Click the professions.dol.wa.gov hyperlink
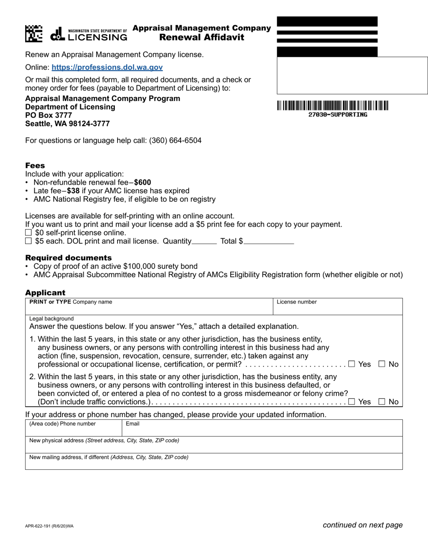pyautogui.click(x=107, y=68)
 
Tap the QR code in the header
pyautogui.click(x=34, y=34)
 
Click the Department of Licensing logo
pyautogui.click(x=89, y=34)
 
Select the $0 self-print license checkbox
pyautogui.click(x=28, y=233)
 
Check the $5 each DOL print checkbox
pyautogui.click(x=28, y=241)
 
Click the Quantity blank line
pyautogui.click(x=204, y=241)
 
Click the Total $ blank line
pyautogui.click(x=269, y=241)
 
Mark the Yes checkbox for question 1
pyautogui.click(x=351, y=364)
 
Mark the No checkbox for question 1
pyautogui.click(x=382, y=364)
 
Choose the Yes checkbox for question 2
pyautogui.click(x=351, y=402)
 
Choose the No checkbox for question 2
pyautogui.click(x=382, y=402)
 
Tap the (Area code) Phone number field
pyautogui.click(x=73, y=430)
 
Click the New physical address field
pyautogui.click(x=214, y=447)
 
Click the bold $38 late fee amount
pyautogui.click(x=73, y=191)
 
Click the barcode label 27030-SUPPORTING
pyautogui.click(x=337, y=115)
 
